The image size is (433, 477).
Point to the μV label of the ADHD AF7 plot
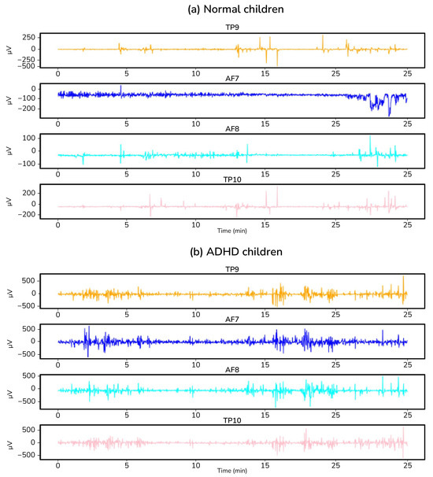[x=9, y=341]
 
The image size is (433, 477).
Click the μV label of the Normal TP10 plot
[x=9, y=202]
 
